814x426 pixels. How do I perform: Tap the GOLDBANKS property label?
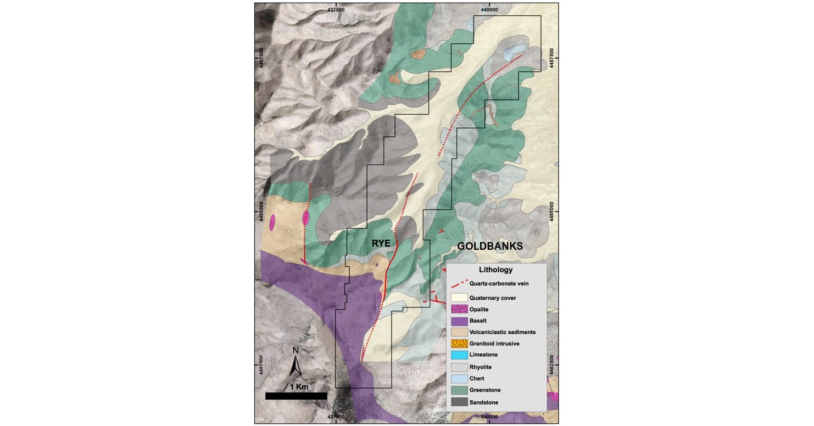click(490, 247)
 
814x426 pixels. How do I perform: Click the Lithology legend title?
click(495, 270)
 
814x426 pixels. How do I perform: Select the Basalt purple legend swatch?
click(459, 321)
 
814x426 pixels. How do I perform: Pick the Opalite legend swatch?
click(459, 310)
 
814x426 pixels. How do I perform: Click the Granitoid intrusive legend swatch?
click(459, 344)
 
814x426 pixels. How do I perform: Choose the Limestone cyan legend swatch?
click(459, 355)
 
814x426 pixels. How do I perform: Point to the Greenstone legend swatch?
click(459, 390)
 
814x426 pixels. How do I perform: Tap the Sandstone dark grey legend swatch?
click(459, 402)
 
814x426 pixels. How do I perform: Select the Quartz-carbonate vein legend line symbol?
click(459, 284)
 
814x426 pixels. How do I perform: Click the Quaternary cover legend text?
click(493, 298)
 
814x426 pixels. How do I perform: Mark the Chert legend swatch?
click(459, 379)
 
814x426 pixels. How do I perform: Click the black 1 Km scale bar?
click(296, 396)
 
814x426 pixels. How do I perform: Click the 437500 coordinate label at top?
click(336, 9)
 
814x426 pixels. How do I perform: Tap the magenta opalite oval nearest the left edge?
click(272, 222)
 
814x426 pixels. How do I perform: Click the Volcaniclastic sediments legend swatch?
click(459, 332)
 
